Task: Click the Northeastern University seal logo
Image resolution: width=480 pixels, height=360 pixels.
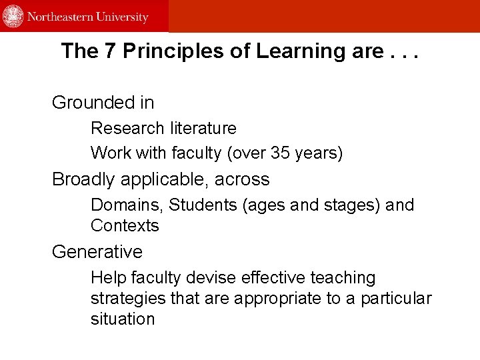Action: [13, 16]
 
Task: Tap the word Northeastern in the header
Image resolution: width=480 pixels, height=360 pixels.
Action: [58, 17]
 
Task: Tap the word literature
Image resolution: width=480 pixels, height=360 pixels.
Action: [203, 128]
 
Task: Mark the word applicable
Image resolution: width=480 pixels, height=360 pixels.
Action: [171, 179]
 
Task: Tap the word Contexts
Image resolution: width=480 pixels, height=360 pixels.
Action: [125, 225]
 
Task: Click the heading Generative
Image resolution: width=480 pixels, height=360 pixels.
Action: [97, 252]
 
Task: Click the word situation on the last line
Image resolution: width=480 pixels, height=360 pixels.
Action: [123, 319]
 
